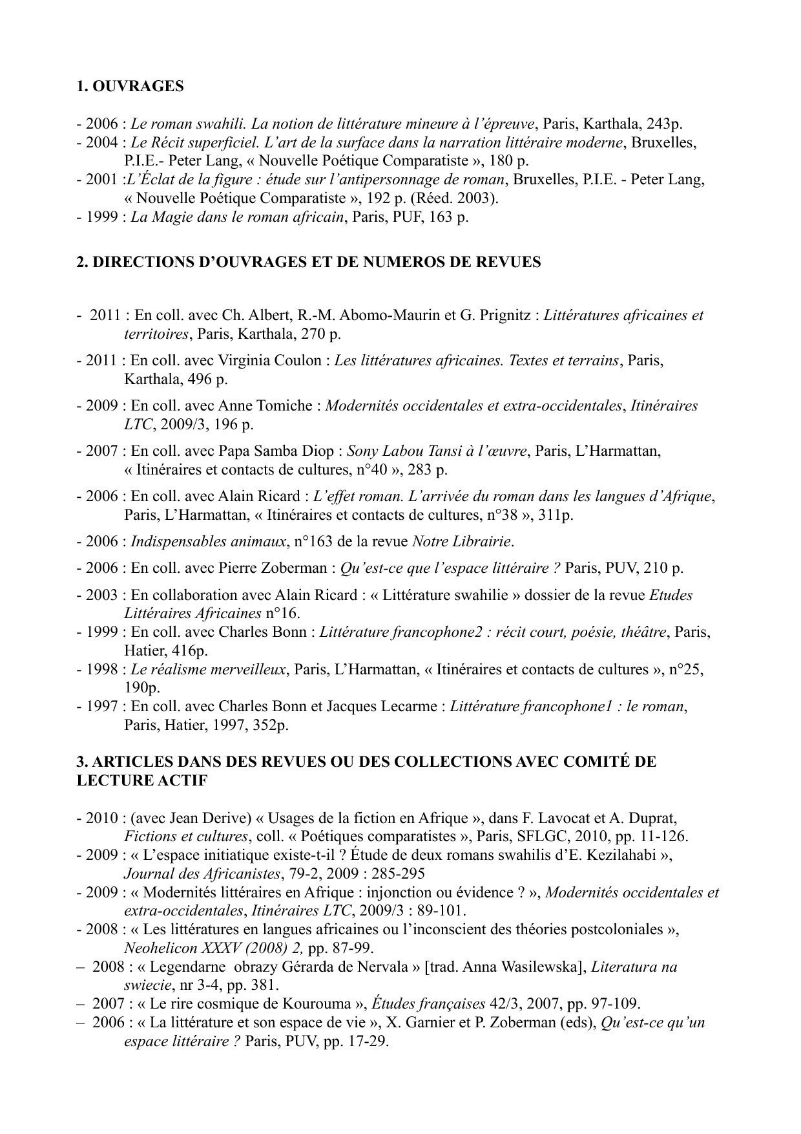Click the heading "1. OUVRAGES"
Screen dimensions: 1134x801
130,87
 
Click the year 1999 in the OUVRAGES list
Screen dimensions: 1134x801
101,217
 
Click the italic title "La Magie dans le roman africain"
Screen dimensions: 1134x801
237,217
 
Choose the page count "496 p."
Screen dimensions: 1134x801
208,379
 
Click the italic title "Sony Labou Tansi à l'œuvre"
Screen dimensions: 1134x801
437,451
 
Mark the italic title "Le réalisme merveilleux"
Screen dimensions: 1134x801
208,669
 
